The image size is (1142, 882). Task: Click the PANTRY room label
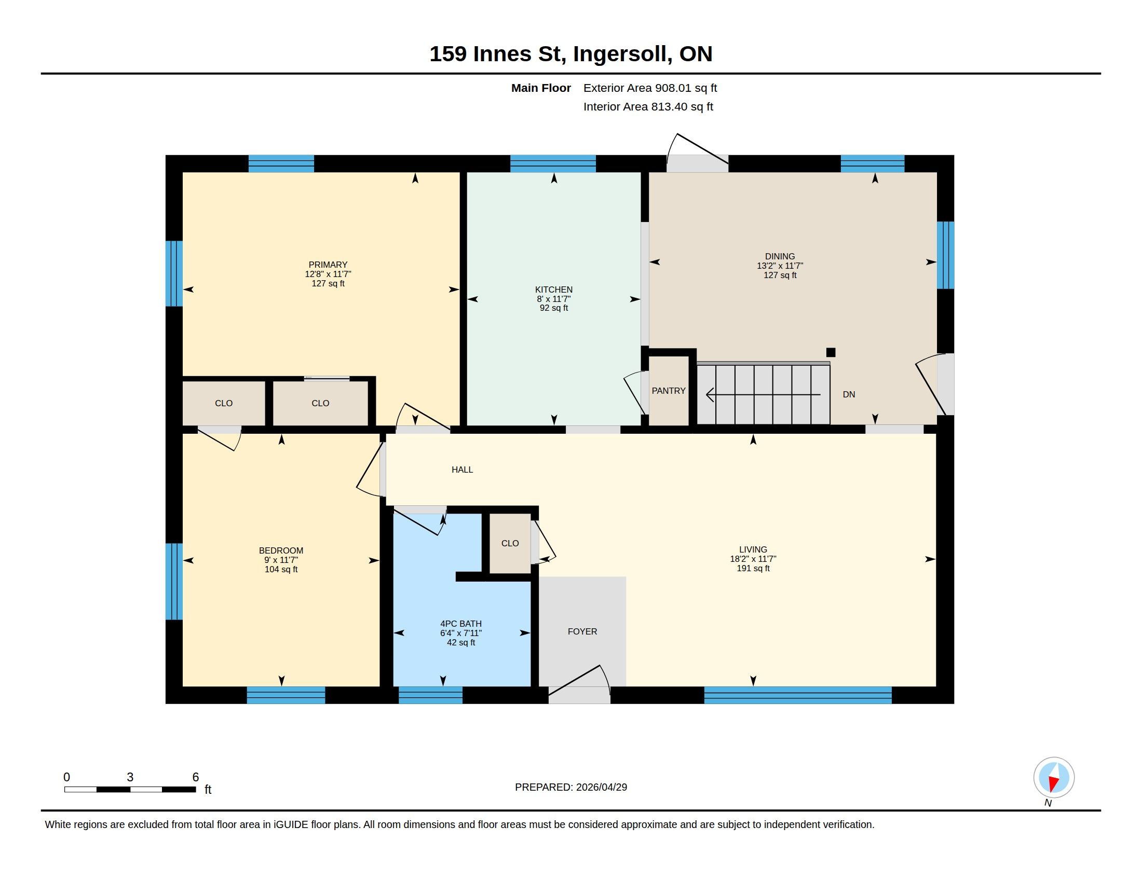point(668,391)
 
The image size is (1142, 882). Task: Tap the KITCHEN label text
point(554,290)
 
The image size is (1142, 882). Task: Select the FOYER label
point(582,632)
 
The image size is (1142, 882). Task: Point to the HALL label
point(462,470)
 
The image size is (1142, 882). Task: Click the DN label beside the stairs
point(849,394)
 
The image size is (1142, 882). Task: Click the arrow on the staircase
point(763,394)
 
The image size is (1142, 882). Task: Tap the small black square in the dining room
point(831,352)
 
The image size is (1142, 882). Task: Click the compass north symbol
point(1054,778)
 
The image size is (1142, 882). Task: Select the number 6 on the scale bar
point(196,777)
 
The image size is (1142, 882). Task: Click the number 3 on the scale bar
point(130,777)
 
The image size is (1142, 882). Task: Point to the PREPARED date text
point(571,787)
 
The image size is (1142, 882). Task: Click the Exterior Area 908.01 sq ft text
point(650,88)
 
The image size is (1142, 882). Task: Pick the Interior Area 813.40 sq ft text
point(648,106)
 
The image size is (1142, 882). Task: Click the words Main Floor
point(541,88)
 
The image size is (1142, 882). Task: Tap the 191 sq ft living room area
point(753,569)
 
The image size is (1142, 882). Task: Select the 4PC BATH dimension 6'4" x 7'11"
point(460,633)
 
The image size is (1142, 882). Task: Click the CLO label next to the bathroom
point(510,543)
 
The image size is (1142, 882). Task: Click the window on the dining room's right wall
point(945,255)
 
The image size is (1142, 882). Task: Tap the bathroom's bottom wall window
point(430,695)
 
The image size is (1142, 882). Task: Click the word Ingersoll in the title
point(622,54)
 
